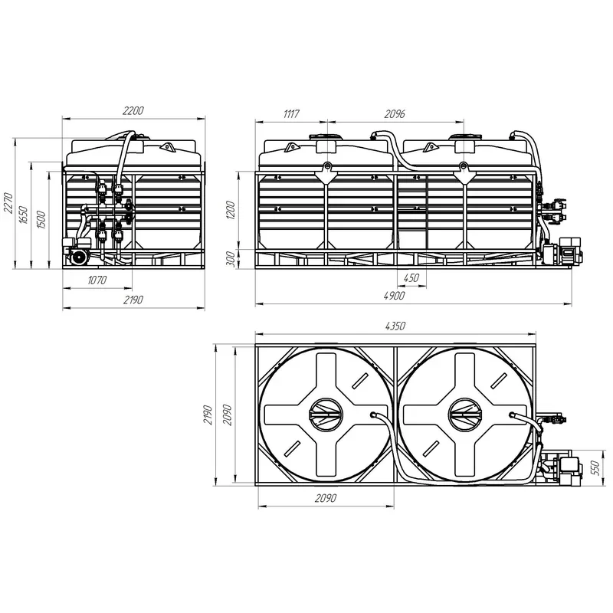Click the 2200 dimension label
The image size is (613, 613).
[x=133, y=110]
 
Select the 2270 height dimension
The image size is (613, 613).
[x=8, y=203]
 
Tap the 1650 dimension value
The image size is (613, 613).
[x=24, y=215]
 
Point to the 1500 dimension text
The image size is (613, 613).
[x=41, y=220]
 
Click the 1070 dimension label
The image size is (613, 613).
[x=97, y=280]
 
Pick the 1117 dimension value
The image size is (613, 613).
[x=291, y=113]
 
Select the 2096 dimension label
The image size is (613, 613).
[x=395, y=113]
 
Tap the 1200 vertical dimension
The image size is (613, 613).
[x=231, y=210]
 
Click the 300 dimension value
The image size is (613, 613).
[x=231, y=259]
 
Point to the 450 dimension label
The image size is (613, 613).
[x=411, y=277]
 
